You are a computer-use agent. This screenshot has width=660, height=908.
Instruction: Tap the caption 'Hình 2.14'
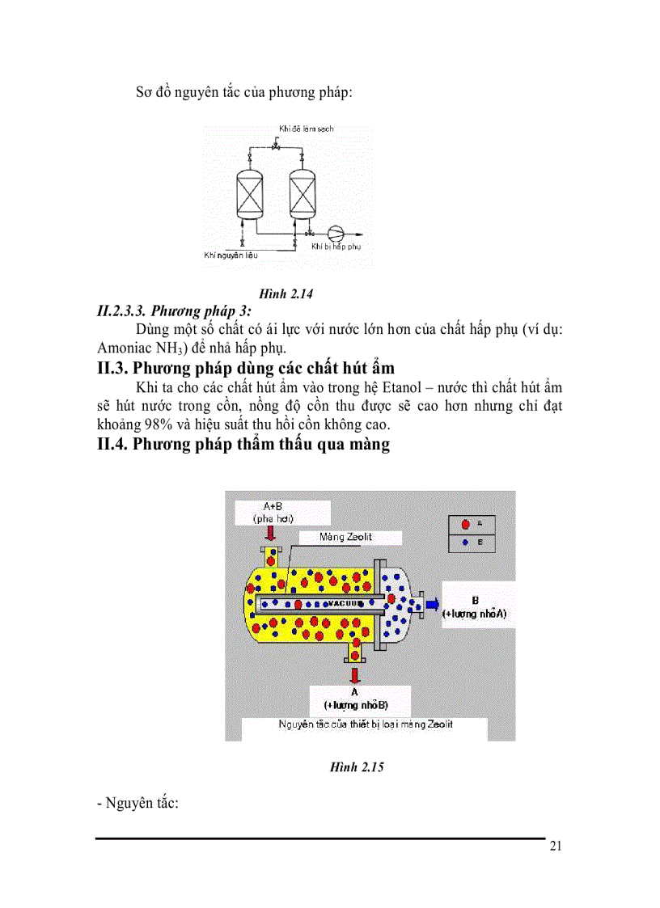tap(286, 294)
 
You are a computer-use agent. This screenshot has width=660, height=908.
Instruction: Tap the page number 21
tap(555, 847)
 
